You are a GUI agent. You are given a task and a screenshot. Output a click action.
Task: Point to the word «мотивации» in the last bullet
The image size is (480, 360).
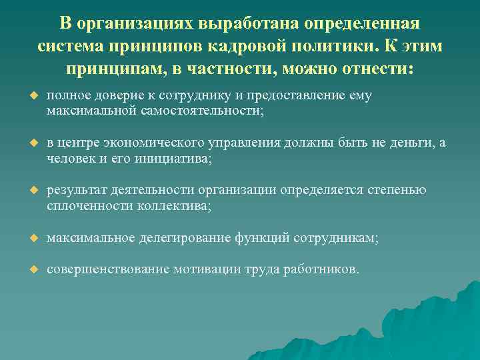click(209, 269)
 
